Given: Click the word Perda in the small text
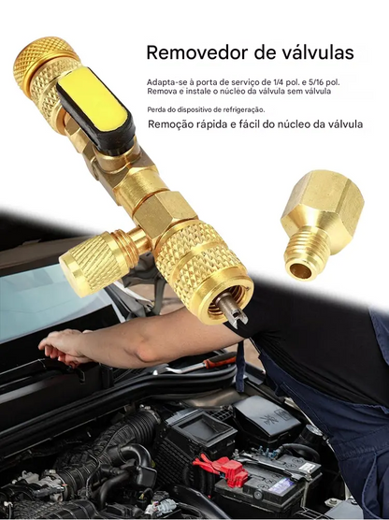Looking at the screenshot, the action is (155, 109).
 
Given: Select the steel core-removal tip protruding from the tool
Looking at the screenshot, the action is (234, 313).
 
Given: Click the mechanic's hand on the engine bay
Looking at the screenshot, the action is (62, 347).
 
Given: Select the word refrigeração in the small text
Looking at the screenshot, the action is (239, 109).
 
